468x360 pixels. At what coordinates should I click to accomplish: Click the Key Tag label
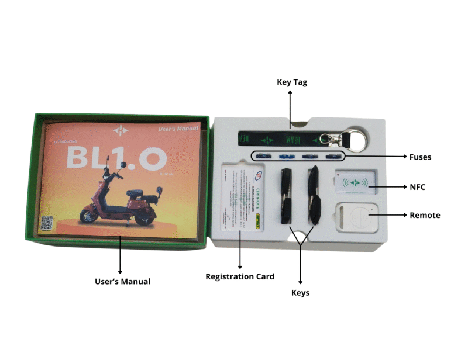[x=291, y=82]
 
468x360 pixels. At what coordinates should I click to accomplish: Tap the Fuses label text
[x=421, y=157]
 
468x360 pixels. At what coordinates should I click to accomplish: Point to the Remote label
[x=425, y=215]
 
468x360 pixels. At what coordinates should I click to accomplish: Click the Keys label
[x=300, y=292]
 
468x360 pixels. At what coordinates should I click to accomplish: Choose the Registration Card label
[x=240, y=276]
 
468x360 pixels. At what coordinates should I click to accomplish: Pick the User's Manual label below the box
[x=122, y=281]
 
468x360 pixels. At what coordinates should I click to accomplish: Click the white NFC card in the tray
[x=355, y=182]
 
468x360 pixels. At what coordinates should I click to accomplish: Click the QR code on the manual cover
[x=46, y=223]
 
